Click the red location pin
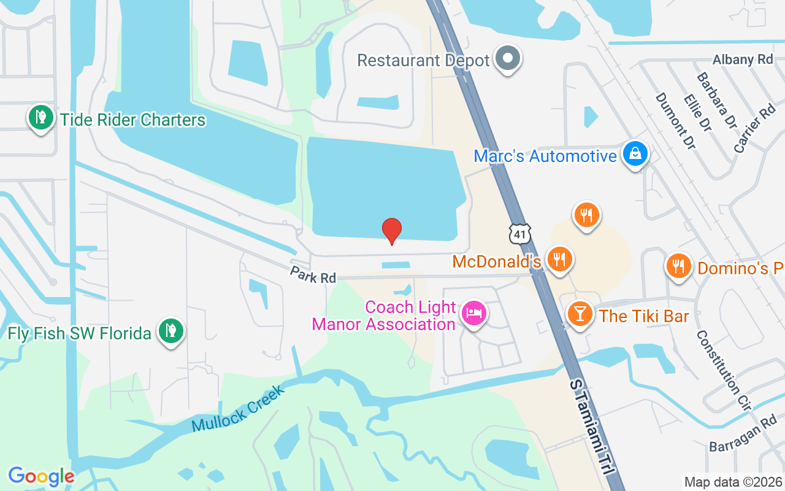[x=392, y=231]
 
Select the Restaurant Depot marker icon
[x=508, y=59]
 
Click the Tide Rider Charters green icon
[x=40, y=117]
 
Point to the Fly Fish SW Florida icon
[x=171, y=331]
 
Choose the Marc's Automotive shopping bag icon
[x=635, y=154]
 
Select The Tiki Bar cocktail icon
[x=580, y=314]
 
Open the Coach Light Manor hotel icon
[x=473, y=314]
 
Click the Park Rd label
[x=314, y=274]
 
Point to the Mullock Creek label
[x=238, y=409]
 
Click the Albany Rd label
[x=743, y=60]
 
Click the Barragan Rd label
[x=743, y=436]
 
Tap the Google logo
[x=41, y=476]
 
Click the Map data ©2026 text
[x=733, y=482]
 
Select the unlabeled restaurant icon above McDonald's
[x=587, y=214]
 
